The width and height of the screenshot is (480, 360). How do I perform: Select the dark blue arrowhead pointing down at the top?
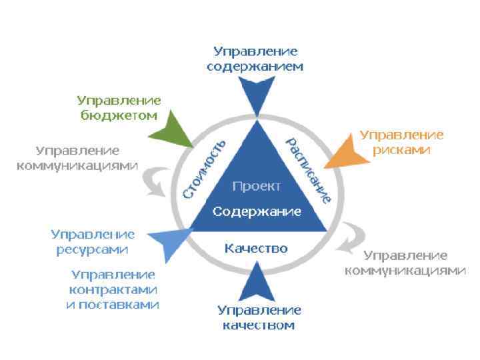(x=256, y=94)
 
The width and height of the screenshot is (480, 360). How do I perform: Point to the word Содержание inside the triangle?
(x=257, y=212)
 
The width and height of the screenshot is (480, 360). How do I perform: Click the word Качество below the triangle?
(x=256, y=249)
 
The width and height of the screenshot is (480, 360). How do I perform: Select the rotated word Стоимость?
(x=204, y=169)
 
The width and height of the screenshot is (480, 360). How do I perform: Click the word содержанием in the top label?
(x=255, y=67)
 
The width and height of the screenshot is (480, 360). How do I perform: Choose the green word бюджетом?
(x=119, y=115)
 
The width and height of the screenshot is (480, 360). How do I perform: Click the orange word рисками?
(x=401, y=149)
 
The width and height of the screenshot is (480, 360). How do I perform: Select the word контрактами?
(x=113, y=290)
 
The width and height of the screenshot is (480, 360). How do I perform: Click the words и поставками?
(x=112, y=305)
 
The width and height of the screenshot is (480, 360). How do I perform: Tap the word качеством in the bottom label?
(x=259, y=326)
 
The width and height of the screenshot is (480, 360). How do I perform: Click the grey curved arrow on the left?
(x=158, y=181)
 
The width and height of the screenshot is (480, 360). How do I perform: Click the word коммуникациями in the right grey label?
(x=405, y=271)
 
